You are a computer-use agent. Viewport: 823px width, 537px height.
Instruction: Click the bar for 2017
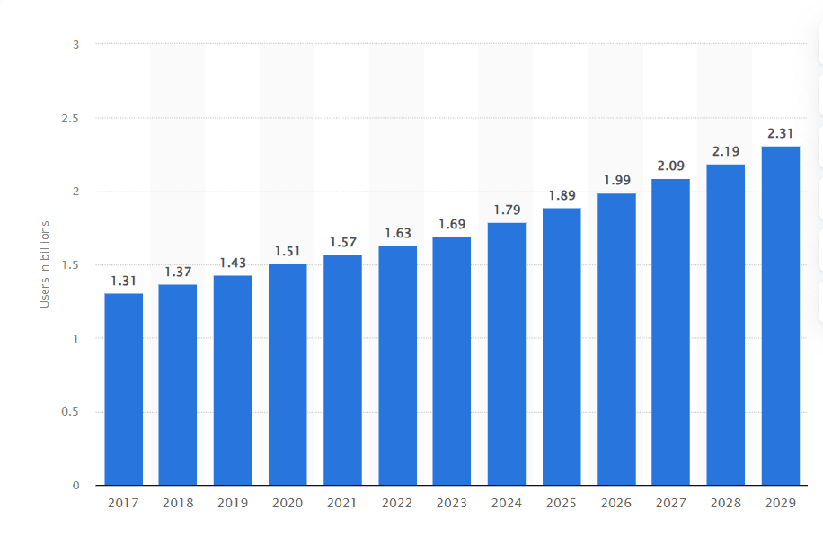123,389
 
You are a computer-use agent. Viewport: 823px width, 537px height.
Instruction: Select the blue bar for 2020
288,374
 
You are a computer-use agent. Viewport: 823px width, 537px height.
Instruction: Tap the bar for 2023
452,361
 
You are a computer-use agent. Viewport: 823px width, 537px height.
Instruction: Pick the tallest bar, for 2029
780,315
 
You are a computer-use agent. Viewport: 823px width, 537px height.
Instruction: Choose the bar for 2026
616,339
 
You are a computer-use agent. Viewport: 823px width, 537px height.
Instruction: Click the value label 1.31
123,281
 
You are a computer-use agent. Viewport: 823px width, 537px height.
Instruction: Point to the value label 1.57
342,243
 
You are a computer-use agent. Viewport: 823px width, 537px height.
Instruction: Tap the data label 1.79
507,210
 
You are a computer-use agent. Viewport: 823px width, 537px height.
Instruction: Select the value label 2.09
670,166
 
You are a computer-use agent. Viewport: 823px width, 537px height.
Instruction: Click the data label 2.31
780,134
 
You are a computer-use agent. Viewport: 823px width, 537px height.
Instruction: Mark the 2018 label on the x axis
178,503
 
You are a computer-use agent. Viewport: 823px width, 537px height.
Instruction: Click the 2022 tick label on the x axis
397,503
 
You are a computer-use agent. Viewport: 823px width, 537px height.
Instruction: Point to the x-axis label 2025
562,503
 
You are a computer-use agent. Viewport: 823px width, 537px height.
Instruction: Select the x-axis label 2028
725,503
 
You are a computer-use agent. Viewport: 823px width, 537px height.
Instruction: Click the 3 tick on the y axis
76,44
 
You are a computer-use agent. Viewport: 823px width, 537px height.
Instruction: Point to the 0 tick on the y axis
76,486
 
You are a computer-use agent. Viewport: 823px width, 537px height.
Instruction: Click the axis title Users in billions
44,264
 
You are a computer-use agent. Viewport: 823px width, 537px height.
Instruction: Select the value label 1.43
233,263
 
